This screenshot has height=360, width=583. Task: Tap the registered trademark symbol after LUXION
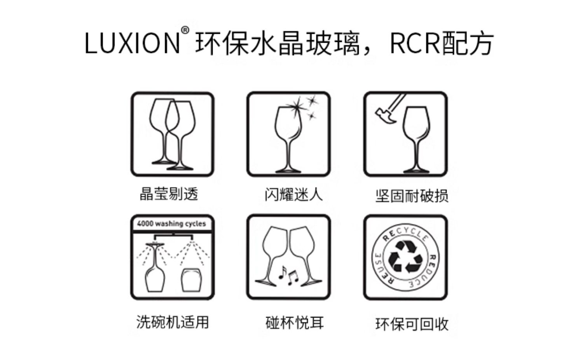(185, 31)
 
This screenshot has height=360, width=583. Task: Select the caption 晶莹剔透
(169, 194)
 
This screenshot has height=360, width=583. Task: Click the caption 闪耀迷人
(293, 194)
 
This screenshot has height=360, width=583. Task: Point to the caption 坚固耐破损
(412, 195)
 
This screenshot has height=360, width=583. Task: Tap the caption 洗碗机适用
(173, 322)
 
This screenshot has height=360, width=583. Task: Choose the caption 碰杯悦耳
(294, 322)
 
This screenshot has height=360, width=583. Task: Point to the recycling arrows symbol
(406, 257)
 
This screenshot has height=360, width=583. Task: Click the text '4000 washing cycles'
(171, 224)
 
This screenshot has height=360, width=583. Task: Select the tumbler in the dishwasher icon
(192, 279)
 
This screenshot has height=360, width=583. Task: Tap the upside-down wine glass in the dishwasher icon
(155, 268)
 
